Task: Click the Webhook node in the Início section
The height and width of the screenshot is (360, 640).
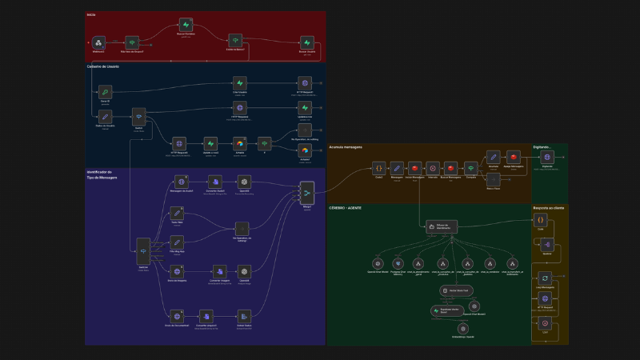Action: tap(98, 42)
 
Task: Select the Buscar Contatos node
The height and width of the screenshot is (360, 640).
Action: tap(186, 25)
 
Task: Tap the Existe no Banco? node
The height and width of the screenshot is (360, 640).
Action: tap(234, 40)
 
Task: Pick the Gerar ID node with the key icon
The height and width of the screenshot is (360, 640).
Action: tap(105, 92)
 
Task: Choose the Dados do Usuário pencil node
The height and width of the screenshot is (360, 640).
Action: tap(105, 117)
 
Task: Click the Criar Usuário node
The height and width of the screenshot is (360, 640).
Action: tap(240, 82)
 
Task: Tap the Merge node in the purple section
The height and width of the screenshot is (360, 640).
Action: tap(306, 190)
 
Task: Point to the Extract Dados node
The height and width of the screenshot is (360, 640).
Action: tap(244, 315)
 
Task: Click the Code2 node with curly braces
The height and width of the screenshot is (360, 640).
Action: tap(378, 168)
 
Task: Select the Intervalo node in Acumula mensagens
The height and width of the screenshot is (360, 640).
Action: tap(433, 168)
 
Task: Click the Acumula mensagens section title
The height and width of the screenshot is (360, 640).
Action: tap(346, 147)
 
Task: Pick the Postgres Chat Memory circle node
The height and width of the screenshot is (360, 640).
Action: tap(398, 263)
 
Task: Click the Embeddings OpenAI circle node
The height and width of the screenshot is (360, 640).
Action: tap(462, 327)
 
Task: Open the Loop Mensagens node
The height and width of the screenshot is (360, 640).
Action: tap(545, 278)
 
